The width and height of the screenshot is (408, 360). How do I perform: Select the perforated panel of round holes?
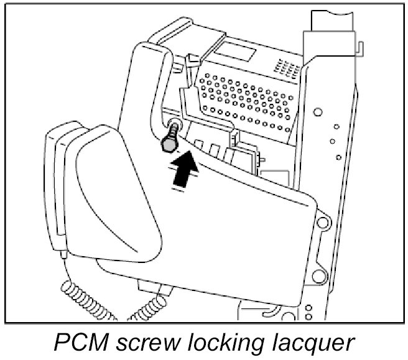tap(246, 96)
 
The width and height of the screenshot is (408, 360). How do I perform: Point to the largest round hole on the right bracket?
tap(318, 113)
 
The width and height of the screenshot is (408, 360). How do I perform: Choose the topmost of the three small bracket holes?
tap(335, 127)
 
